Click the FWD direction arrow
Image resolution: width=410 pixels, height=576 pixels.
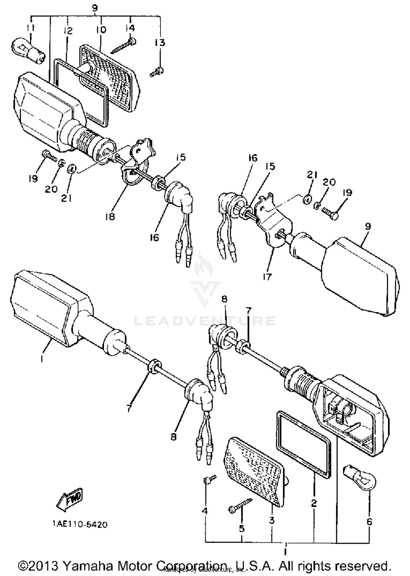69,499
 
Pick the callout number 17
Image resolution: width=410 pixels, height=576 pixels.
267,277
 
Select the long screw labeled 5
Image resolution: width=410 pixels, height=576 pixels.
240,505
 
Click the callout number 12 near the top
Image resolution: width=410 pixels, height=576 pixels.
68,31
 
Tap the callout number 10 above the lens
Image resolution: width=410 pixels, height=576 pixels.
101,29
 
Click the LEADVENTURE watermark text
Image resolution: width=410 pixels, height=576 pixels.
205,321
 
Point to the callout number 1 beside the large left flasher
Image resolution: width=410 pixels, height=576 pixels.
42,359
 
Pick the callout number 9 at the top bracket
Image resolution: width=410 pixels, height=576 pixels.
95,8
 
